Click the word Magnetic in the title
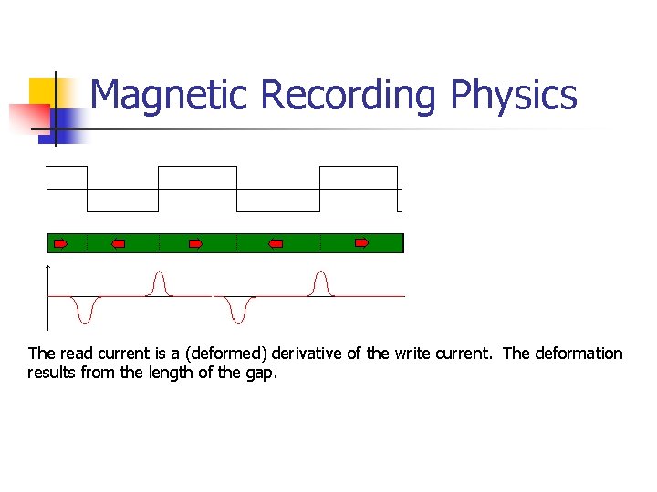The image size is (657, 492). tap(170, 95)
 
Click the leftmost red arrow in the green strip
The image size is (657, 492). tap(61, 243)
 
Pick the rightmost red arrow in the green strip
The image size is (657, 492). tap(361, 243)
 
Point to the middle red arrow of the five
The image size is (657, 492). tap(195, 243)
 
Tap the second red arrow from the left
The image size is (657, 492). tap(118, 243)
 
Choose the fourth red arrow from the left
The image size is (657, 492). tap(276, 243)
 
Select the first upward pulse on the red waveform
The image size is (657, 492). tap(160, 283)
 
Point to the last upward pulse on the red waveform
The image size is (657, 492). tap(319, 283)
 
